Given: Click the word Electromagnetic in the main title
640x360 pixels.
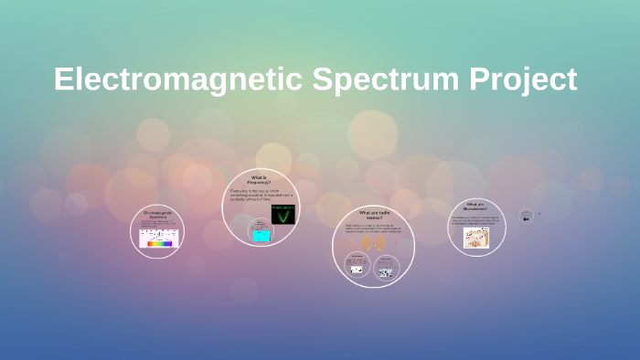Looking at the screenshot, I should [x=178, y=79].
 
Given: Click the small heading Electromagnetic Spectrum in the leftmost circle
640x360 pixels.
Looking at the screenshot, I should [x=158, y=214].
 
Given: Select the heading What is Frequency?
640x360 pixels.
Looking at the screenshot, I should [x=259, y=180].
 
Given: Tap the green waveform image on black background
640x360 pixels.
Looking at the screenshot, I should [x=283, y=215].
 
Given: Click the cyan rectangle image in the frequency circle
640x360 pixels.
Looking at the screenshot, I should [x=261, y=236].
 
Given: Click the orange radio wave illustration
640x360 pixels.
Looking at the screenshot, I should [x=373, y=243].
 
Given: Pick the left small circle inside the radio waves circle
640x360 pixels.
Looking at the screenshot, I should [x=357, y=264].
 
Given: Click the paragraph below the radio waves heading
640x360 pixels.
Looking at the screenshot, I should [x=373, y=228].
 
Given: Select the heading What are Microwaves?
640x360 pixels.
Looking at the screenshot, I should [x=476, y=206].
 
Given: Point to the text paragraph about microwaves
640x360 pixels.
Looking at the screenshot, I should [x=476, y=220].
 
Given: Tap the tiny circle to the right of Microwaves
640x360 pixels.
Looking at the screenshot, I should [x=526, y=217].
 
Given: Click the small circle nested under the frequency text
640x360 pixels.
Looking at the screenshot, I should [x=261, y=233].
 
